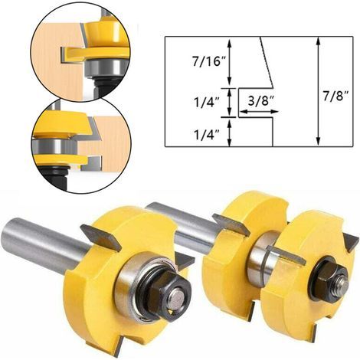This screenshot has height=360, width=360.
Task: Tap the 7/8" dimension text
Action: point(334,97)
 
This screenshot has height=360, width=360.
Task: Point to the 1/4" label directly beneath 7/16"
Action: point(207,102)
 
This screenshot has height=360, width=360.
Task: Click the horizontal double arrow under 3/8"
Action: point(259,112)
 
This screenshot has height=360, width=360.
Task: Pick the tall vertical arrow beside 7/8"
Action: point(318,91)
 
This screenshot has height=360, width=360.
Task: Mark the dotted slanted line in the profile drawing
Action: point(266,62)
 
